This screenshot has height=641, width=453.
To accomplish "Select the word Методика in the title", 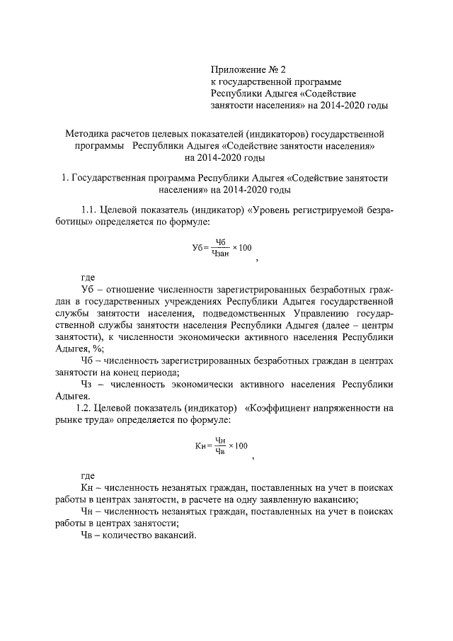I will [x=88, y=132].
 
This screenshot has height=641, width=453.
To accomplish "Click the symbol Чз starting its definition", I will [x=88, y=384].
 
